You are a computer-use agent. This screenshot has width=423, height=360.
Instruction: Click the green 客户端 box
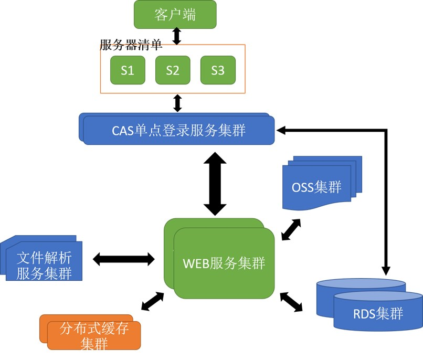tap(175, 14)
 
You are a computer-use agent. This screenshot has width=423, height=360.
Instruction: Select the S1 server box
tap(128, 70)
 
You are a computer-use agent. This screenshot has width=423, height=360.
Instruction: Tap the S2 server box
tap(173, 70)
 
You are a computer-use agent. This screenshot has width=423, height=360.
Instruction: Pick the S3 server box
tap(218, 70)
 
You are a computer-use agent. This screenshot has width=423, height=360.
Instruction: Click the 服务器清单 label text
tap(131, 45)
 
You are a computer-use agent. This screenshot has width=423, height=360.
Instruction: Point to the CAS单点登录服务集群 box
tap(178, 130)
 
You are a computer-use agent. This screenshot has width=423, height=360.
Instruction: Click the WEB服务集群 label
tap(224, 263)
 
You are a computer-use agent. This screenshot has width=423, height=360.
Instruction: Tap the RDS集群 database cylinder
tap(378, 314)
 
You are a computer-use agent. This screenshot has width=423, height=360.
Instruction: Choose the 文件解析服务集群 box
tap(44, 266)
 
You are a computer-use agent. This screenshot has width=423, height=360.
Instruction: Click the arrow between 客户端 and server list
tap(177, 36)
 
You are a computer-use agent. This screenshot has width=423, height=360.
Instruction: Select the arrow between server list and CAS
tap(177, 103)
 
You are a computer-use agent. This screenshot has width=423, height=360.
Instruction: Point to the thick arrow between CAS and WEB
tap(215, 184)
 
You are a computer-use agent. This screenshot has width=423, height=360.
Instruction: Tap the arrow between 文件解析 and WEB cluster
tap(124, 259)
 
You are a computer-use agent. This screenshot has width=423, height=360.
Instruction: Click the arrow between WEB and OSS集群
tap(292, 229)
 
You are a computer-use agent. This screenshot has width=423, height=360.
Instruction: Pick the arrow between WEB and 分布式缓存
tap(153, 301)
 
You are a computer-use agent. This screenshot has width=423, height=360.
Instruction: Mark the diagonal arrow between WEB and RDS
tap(291, 302)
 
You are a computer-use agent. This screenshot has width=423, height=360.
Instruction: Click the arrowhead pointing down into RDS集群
tap(386, 270)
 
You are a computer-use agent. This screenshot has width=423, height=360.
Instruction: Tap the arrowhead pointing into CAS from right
tap(281, 130)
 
